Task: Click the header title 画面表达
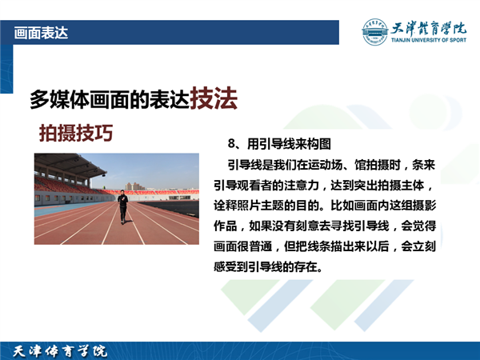41,33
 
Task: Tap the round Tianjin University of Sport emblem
374,32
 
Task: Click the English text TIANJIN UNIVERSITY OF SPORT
429,40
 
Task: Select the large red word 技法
214,98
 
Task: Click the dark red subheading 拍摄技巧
76,133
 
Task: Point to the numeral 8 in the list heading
231,143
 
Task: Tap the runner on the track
122,206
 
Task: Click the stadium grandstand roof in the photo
70,165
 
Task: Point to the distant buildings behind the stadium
134,186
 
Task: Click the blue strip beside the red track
62,208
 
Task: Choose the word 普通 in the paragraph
261,246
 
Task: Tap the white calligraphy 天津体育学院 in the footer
60,351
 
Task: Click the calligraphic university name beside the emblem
429,29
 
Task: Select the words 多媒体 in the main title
59,100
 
